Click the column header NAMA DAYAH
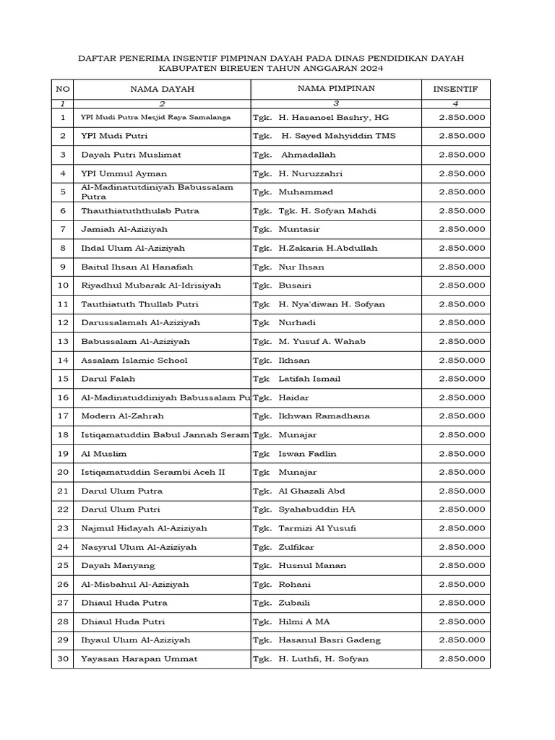(x=162, y=90)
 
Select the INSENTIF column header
(x=455, y=90)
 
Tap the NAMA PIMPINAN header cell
(x=336, y=89)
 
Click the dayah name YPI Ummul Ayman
(x=124, y=173)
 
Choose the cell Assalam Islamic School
(x=134, y=360)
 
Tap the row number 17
(x=63, y=416)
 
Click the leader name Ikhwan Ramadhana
(x=324, y=416)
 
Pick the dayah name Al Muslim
(x=103, y=454)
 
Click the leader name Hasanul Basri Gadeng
(x=330, y=640)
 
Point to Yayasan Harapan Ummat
(x=139, y=659)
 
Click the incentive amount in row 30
(x=462, y=659)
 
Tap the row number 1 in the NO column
(x=63, y=117)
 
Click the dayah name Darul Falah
(x=108, y=379)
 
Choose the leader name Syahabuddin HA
(x=317, y=509)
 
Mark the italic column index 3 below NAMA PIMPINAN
(x=336, y=104)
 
